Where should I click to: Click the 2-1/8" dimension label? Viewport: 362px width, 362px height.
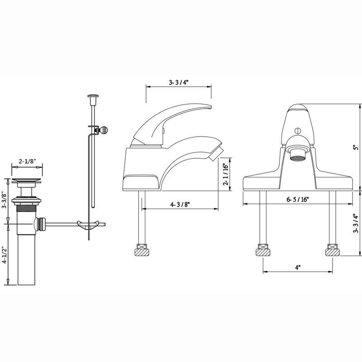click(28, 161)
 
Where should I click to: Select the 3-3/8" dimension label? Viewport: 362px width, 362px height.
click(5, 200)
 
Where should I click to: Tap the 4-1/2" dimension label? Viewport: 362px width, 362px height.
click(5, 255)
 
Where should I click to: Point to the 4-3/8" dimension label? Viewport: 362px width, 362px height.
click(180, 205)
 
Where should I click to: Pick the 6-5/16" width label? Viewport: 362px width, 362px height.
click(298, 199)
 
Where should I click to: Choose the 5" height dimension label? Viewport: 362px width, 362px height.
click(357, 148)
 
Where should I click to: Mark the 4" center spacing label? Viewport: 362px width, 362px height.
click(298, 267)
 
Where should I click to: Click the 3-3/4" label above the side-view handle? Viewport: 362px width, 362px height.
click(179, 82)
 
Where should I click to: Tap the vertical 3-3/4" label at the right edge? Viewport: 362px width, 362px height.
click(356, 224)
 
